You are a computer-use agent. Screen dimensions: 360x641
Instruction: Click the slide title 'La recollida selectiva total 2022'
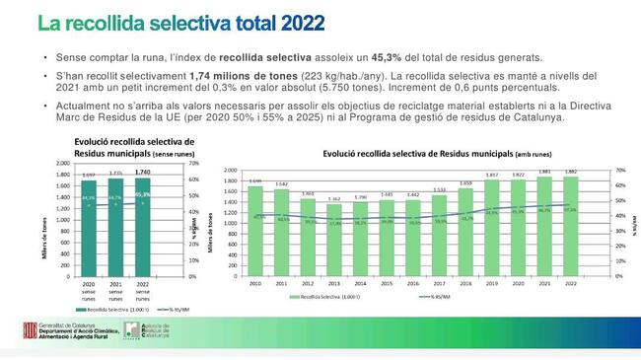(x=178, y=22)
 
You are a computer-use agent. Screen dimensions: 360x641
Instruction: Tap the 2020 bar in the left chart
(x=89, y=228)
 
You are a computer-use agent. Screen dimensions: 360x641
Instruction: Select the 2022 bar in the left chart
(x=143, y=228)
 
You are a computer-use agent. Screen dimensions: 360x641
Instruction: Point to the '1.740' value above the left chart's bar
(x=143, y=173)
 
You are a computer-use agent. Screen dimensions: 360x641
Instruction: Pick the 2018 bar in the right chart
(x=465, y=232)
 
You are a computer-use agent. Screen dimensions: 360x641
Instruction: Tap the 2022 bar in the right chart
(x=571, y=228)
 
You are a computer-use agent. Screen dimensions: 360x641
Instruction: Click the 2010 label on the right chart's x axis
(x=255, y=282)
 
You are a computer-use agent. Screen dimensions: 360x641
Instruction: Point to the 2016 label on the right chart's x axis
(x=413, y=282)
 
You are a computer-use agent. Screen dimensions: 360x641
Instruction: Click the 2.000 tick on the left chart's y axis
(x=62, y=165)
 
